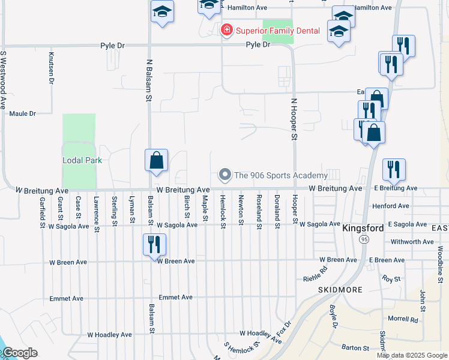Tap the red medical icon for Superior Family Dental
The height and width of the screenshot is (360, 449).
point(227,30)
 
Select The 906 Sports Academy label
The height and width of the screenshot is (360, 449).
point(281,175)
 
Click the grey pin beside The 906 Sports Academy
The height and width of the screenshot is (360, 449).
point(225,175)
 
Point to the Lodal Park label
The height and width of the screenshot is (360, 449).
point(82,160)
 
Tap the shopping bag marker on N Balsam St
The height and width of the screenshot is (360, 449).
point(156,161)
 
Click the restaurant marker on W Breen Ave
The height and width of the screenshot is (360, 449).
point(154,245)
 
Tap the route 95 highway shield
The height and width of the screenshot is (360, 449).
point(364,239)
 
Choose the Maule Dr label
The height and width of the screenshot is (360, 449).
point(23,113)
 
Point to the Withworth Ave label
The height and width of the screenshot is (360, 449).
point(412,242)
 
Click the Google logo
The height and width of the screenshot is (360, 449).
point(20,353)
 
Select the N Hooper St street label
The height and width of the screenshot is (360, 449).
point(294,119)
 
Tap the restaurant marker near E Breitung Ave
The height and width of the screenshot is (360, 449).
point(394,169)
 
